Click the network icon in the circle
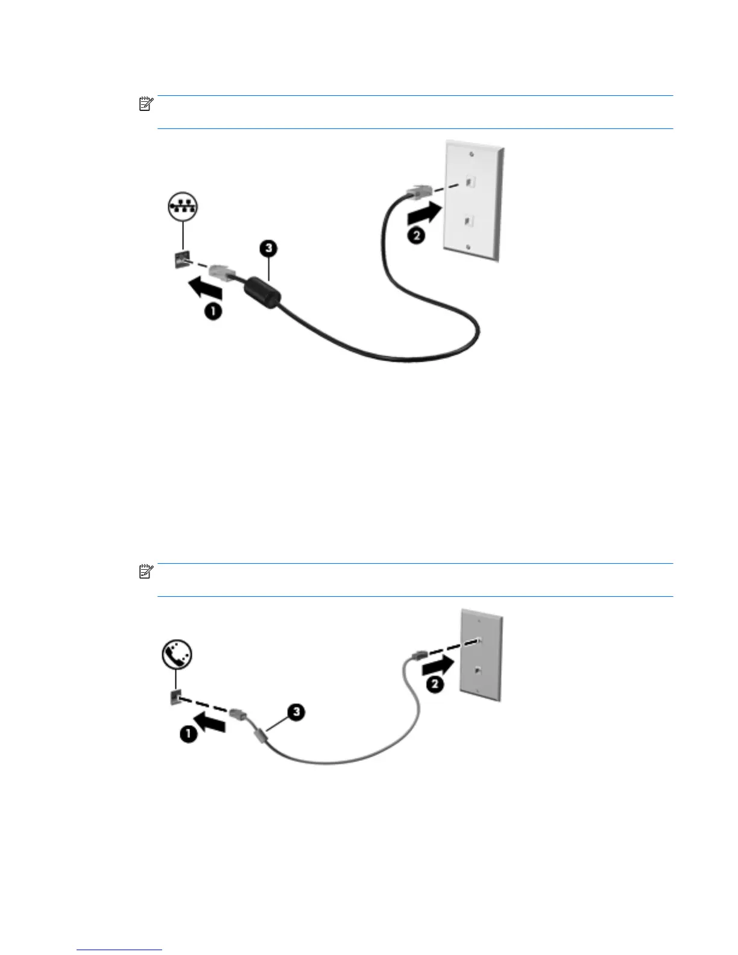point(182,207)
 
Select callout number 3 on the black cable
point(269,248)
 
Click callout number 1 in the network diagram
point(213,312)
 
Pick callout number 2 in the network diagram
point(416,235)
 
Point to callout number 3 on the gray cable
point(295,712)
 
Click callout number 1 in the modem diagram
point(189,734)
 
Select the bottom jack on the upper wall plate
point(468,221)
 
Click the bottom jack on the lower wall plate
point(478,670)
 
